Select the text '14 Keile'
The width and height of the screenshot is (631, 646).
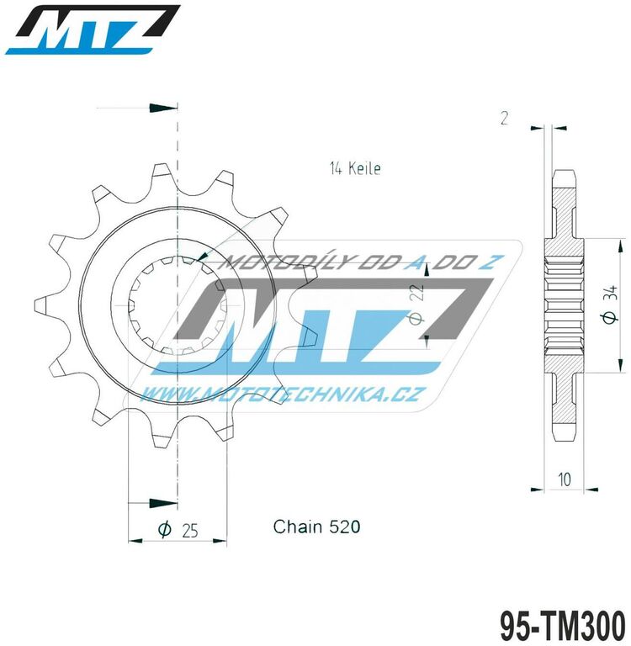tap(354, 168)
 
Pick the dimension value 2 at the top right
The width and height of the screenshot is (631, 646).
tap(503, 119)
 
